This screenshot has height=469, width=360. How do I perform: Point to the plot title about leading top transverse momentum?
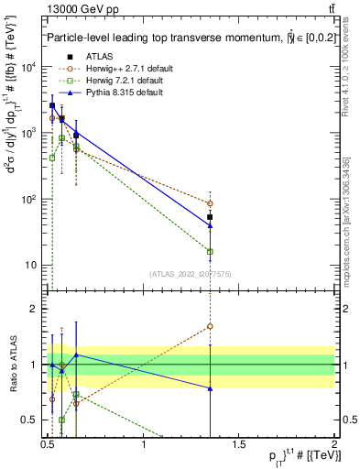coord(183,38)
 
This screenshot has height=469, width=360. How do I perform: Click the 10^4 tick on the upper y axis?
coord(27,67)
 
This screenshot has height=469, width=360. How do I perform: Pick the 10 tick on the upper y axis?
coord(30,266)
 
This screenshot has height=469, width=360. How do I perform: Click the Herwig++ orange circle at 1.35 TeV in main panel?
coord(211,203)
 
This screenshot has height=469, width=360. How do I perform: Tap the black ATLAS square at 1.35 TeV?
coord(211,217)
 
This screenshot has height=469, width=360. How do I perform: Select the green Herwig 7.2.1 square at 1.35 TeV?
coord(211,251)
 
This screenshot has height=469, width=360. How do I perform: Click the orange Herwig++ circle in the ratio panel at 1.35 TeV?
coord(211,325)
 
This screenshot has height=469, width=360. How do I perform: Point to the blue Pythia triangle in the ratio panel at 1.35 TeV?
coord(211,388)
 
